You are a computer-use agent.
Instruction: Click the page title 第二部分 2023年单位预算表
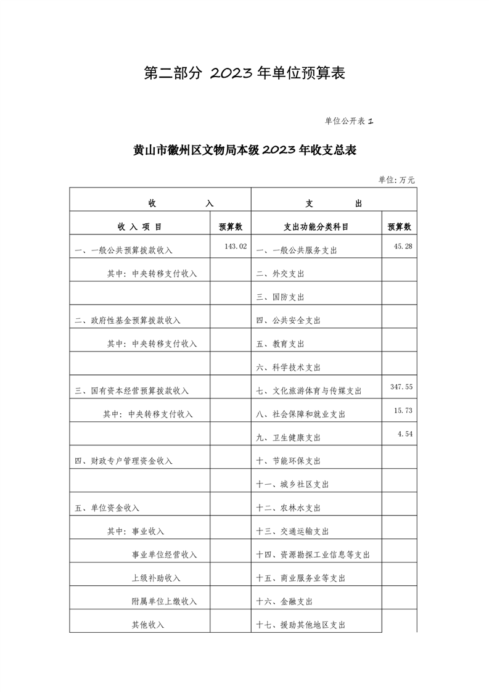[x=244, y=73]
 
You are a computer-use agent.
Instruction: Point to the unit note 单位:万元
[x=397, y=180]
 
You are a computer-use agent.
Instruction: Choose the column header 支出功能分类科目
[x=316, y=227]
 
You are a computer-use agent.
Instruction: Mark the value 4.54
[x=405, y=434]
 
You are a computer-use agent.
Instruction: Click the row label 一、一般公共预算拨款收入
[x=123, y=250]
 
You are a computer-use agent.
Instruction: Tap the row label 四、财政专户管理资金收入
[x=123, y=461]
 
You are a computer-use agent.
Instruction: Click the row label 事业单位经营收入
[x=164, y=554]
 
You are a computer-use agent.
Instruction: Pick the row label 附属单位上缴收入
[x=164, y=601]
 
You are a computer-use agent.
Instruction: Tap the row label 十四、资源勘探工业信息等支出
[x=313, y=554]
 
